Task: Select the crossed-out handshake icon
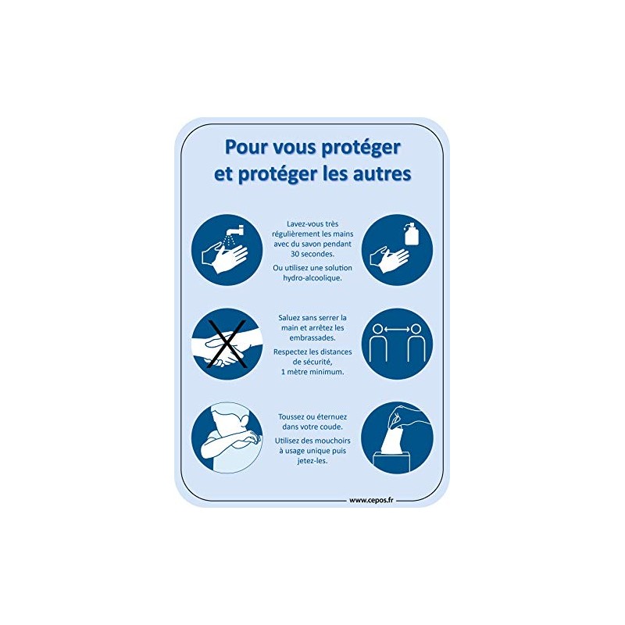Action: [226, 345]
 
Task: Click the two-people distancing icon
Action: [398, 345]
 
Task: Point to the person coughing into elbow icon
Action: [226, 437]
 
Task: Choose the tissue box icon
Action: [398, 437]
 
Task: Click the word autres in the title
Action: [381, 174]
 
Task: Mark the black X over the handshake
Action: [226, 344]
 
